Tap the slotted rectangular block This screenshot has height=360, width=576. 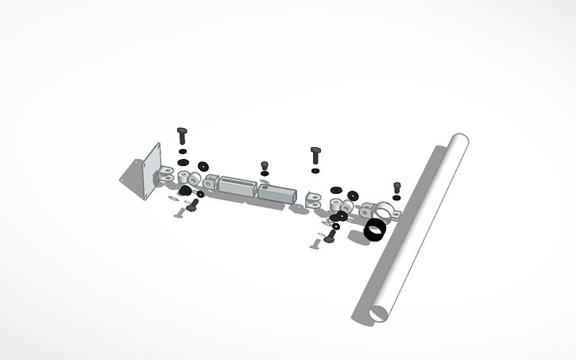[238, 189]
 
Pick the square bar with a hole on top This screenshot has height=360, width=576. [277, 192]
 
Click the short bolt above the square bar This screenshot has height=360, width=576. [265, 166]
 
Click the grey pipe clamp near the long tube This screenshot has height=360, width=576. [384, 211]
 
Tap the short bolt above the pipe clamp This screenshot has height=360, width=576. [397, 187]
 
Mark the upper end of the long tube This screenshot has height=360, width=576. [458, 142]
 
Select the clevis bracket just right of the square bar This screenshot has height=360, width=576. [314, 199]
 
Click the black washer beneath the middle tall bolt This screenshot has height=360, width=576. [315, 170]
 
